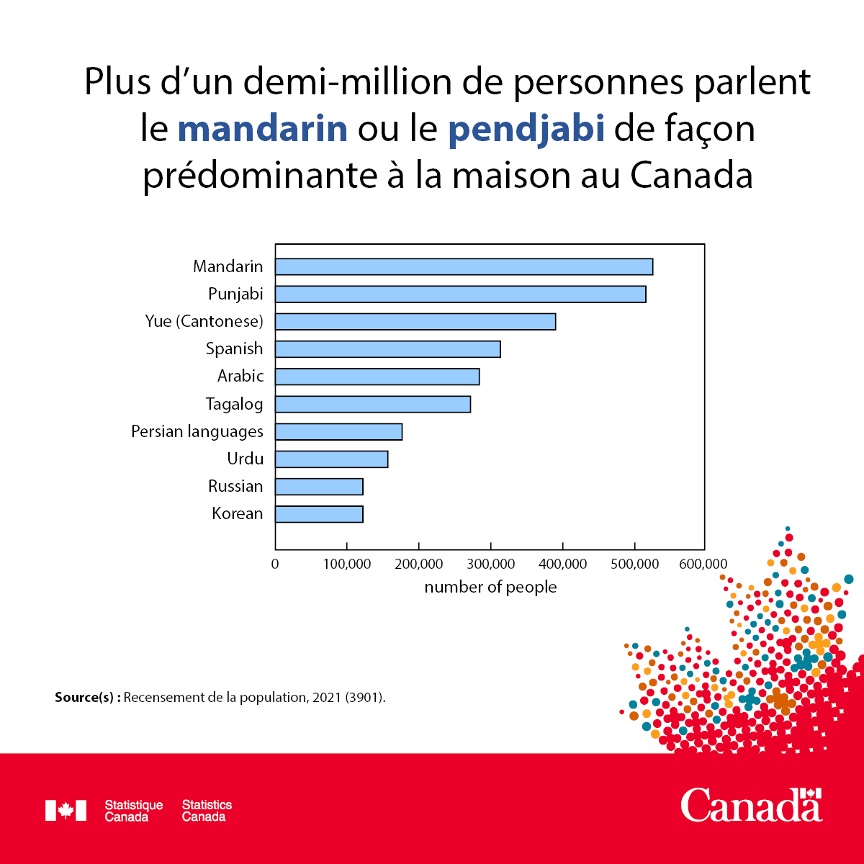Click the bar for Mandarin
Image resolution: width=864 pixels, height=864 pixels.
click(464, 266)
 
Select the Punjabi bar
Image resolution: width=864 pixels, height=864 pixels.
click(460, 294)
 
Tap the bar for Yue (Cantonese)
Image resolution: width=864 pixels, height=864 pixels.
click(415, 321)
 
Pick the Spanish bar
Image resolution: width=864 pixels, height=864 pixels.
click(387, 349)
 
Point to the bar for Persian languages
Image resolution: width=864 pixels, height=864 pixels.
click(338, 432)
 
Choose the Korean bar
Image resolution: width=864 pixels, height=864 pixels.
click(319, 514)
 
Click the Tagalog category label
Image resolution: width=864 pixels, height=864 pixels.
click(234, 404)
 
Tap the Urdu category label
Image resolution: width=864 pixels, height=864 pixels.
click(245, 459)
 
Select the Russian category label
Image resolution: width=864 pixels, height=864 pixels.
click(235, 486)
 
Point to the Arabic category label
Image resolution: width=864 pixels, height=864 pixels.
click(240, 376)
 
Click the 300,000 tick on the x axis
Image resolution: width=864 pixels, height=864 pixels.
click(490, 564)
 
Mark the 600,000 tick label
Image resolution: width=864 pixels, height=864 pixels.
click(703, 564)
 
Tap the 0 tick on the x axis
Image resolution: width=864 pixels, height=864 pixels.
click(275, 564)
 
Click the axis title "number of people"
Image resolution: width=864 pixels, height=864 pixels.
click(490, 587)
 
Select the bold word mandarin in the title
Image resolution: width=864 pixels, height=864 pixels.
click(263, 129)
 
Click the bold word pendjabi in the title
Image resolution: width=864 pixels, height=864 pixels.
click(526, 129)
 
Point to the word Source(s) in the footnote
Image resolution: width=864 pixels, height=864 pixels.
click(87, 697)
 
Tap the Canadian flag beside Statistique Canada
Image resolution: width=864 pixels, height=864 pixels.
click(66, 810)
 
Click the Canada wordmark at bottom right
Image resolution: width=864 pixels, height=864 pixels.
click(752, 804)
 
